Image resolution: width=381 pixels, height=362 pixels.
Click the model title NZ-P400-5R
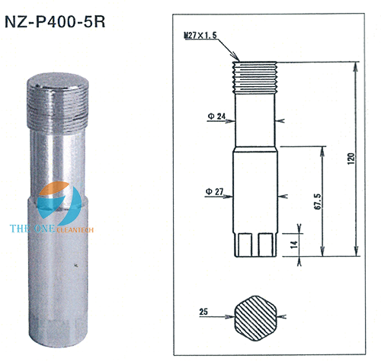(55, 22)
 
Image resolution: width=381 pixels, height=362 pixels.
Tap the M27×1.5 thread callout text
(200, 35)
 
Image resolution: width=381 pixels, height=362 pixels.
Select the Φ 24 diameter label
(216, 117)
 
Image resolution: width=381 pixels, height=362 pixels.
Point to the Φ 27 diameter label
(215, 191)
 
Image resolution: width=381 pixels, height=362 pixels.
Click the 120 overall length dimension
(351, 159)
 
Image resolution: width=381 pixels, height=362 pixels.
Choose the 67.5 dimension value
(318, 201)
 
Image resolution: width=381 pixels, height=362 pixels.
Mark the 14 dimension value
(294, 245)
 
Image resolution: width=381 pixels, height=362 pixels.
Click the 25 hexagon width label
(203, 312)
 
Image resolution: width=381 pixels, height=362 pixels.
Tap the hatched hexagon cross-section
(255, 318)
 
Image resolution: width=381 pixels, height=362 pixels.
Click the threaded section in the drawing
(255, 78)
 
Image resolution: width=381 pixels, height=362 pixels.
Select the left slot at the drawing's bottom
(245, 245)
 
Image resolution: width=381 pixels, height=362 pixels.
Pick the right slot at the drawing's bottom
(266, 245)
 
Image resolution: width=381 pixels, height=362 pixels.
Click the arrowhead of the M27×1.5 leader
(237, 58)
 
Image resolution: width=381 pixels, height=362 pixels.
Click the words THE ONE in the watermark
(33, 229)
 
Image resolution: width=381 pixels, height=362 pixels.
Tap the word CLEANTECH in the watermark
(75, 230)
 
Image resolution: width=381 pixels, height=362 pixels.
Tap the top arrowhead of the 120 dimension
(356, 66)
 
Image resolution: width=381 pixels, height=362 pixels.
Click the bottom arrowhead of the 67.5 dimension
(322, 251)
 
